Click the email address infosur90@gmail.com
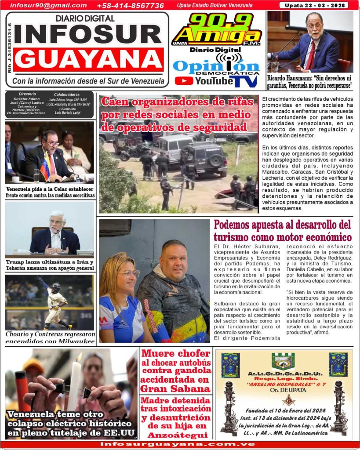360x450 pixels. pos(48,5)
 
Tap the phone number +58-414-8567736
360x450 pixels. pos(130,6)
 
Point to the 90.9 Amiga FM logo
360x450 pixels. pos(216,30)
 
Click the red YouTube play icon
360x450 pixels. pos(184,81)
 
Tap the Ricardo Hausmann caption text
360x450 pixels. pos(310,81)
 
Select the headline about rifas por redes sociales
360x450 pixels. pos(178,114)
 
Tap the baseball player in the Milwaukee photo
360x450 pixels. pos(56,303)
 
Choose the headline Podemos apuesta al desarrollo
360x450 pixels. pos(283,230)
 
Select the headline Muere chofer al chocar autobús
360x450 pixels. pos(176,371)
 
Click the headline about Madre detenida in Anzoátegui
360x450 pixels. pos(176,417)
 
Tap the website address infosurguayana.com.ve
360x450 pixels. pos(178,444)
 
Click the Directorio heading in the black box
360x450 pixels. pos(27,94)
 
